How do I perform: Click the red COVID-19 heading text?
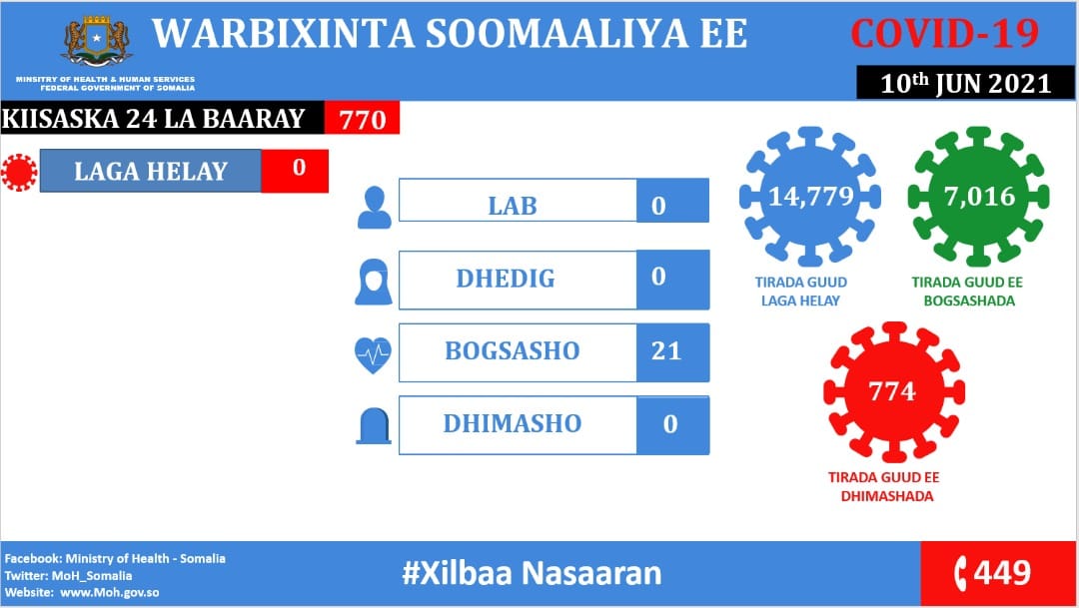click(x=944, y=33)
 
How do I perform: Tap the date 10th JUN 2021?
click(x=965, y=83)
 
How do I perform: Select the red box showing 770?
click(x=362, y=118)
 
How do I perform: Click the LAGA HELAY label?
click(x=151, y=172)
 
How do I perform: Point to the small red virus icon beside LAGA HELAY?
click(x=19, y=172)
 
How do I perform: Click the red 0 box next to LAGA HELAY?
click(x=295, y=171)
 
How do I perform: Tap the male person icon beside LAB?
click(x=375, y=208)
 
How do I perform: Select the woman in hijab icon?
click(x=374, y=282)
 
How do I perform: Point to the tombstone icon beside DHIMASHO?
click(x=374, y=425)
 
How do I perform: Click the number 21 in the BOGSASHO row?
click(x=666, y=350)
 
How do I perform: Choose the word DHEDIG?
click(x=506, y=279)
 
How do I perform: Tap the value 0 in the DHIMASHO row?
click(x=670, y=424)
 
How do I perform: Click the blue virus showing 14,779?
click(x=810, y=197)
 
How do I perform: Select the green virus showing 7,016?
click(x=978, y=197)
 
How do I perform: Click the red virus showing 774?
click(x=894, y=392)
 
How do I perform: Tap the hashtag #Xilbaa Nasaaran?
click(x=532, y=573)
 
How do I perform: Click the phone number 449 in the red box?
click(x=1002, y=572)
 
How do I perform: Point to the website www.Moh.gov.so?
click(x=110, y=592)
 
